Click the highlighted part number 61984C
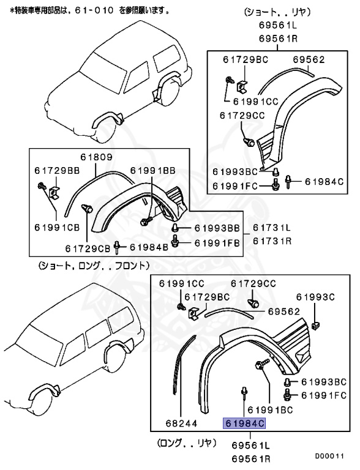pos(245,423)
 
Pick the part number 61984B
pos(148,247)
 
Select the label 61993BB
pos(216,228)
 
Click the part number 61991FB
pos(216,243)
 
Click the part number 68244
pos(181,422)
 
